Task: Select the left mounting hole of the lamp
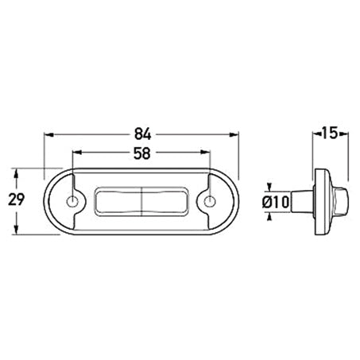coord(73,201)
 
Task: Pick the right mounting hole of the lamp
coord(211,201)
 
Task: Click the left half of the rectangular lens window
coord(118,202)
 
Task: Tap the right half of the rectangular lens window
coord(165,202)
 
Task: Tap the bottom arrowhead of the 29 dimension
coord(16,230)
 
